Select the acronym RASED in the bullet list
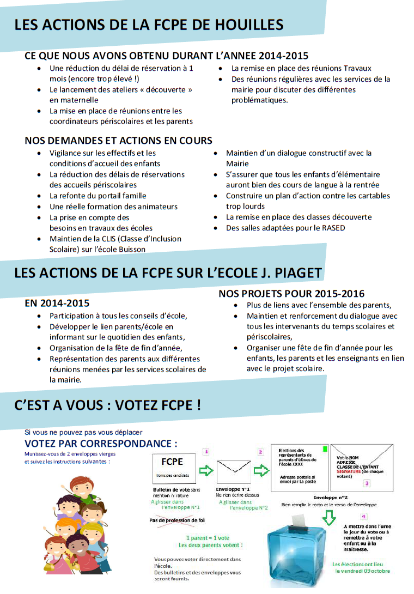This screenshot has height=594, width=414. click(333, 228)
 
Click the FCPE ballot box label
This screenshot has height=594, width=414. click(172, 462)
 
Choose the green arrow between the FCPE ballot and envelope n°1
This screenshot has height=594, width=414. click(206, 470)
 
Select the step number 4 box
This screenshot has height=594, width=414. click(363, 516)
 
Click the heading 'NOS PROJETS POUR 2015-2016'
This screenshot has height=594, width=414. click(291, 294)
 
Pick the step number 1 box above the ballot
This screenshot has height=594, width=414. click(205, 452)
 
